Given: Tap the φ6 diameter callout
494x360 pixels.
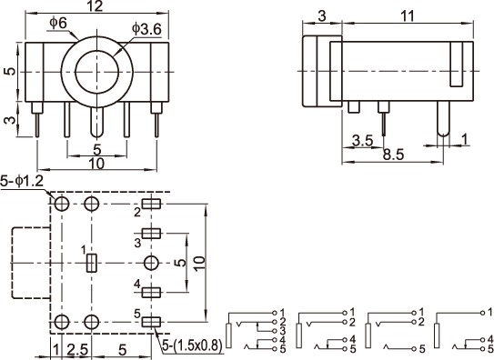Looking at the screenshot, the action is [x=58, y=23].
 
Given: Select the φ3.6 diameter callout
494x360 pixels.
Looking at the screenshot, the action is [x=146, y=29].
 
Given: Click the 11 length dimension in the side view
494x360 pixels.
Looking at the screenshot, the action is [x=408, y=16].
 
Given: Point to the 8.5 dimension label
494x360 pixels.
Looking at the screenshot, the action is [x=393, y=155].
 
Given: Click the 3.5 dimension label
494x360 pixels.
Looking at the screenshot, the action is [x=362, y=141].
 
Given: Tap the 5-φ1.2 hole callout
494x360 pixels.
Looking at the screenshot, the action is [x=22, y=181].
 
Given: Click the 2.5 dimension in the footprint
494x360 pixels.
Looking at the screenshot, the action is [x=76, y=350].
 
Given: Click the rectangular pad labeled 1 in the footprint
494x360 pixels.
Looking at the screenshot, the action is [x=92, y=263].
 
